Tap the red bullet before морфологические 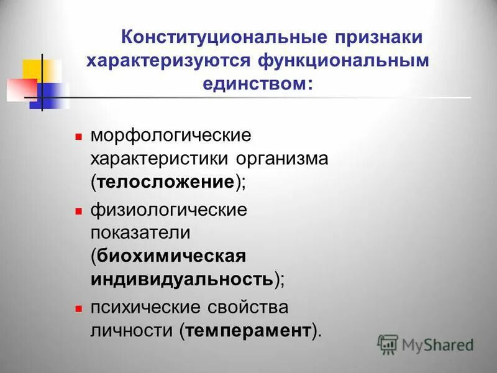click(x=79, y=134)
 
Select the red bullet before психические click(x=79, y=307)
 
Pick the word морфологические click(x=171, y=135)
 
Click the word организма click(x=281, y=158)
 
